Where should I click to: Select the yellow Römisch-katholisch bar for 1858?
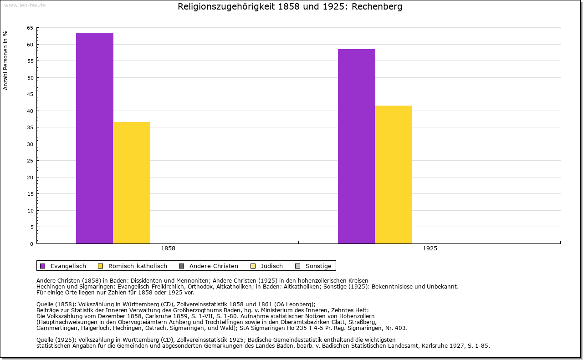point(132,183)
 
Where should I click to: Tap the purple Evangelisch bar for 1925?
point(356,146)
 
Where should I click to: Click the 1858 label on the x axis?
point(168,248)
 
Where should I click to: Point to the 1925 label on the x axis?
point(430,248)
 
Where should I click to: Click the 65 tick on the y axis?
point(30,28)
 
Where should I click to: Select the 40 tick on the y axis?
point(30,111)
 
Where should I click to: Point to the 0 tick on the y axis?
point(31,244)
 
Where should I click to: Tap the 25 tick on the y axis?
point(30,161)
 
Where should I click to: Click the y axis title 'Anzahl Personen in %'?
point(5,60)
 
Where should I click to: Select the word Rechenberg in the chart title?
point(377,7)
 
